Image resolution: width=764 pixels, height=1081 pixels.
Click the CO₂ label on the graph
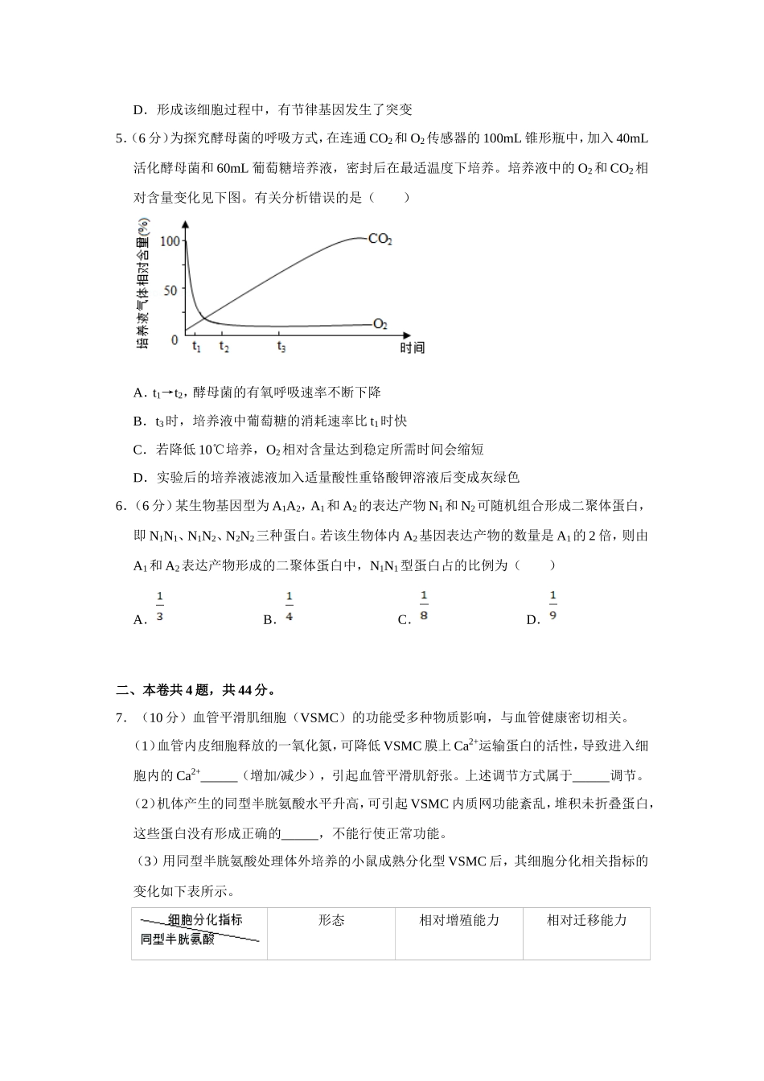click(x=380, y=239)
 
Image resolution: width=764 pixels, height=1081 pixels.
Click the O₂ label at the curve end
click(x=380, y=324)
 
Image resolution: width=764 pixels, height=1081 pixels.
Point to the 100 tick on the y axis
click(x=169, y=240)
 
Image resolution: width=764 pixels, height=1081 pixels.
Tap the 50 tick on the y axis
click(x=170, y=290)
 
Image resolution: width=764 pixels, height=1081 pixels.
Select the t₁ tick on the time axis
click(x=196, y=347)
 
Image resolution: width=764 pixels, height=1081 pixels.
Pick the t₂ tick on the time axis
click(x=224, y=347)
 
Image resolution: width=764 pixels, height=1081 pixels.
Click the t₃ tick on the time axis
click(x=281, y=347)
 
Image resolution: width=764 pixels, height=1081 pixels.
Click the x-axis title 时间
click(x=412, y=347)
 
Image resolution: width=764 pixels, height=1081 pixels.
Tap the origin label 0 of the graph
click(x=175, y=340)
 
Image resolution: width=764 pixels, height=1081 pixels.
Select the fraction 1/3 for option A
click(x=160, y=607)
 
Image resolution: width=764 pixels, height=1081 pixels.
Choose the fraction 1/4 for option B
click(x=290, y=607)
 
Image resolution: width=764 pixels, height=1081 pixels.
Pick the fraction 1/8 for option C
click(x=424, y=607)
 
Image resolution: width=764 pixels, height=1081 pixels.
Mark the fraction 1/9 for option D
click(x=552, y=607)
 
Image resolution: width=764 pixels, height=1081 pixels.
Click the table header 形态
click(x=331, y=920)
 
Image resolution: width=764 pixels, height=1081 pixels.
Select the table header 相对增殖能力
click(x=459, y=920)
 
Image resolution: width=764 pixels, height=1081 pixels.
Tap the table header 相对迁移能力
click(x=586, y=920)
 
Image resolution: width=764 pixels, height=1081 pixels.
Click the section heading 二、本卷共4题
click(x=196, y=689)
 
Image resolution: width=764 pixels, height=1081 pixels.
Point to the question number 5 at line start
click(x=120, y=138)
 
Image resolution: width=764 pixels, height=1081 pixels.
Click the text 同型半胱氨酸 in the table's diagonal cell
click(x=178, y=939)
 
